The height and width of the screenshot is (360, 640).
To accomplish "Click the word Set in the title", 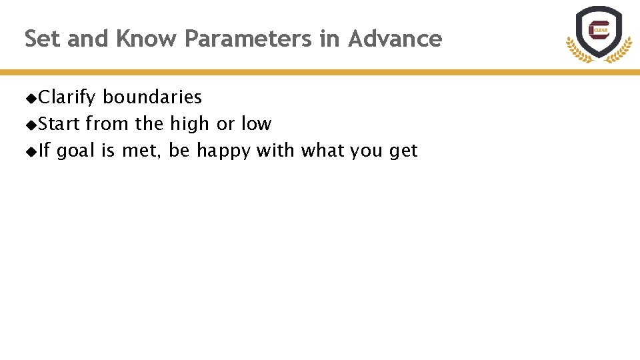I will [43, 39].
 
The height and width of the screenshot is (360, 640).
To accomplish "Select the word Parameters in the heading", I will [248, 39].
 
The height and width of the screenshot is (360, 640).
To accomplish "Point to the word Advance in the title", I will [395, 39].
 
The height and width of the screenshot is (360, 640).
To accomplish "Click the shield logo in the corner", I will [599, 33].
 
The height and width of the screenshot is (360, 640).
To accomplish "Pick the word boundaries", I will [152, 97].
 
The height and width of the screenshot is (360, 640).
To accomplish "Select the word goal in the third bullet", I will [76, 151].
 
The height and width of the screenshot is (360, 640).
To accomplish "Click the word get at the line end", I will [403, 151].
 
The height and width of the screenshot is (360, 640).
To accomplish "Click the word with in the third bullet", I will [275, 151].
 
